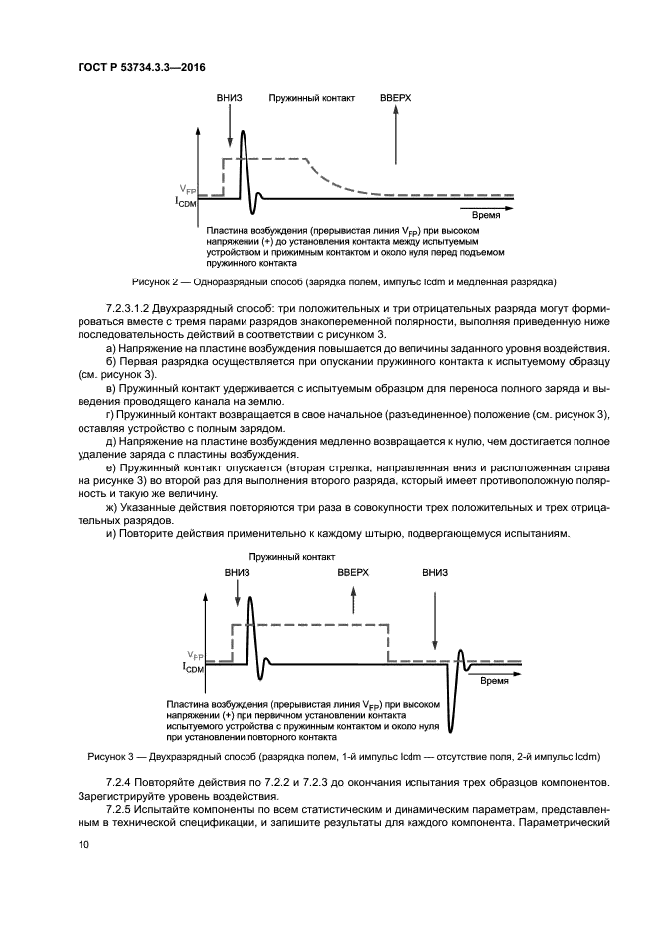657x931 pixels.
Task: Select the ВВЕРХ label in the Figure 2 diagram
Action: [x=396, y=100]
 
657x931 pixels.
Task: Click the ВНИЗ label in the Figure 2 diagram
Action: [x=230, y=100]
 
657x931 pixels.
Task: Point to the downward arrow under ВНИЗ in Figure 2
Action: [x=230, y=127]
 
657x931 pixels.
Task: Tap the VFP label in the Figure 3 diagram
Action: [x=196, y=656]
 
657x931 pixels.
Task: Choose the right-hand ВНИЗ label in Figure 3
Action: [x=435, y=574]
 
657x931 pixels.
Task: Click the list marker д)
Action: [x=110, y=439]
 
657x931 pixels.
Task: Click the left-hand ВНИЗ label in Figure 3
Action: [x=238, y=574]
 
